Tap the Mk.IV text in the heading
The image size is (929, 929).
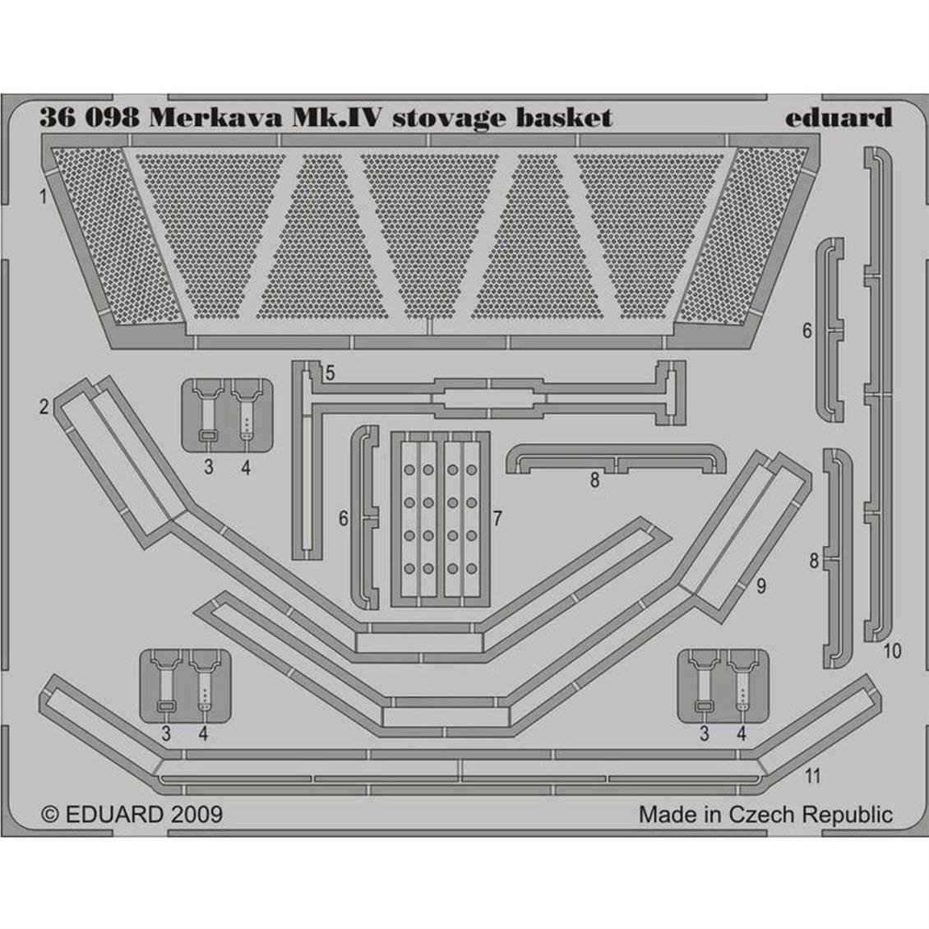(335, 118)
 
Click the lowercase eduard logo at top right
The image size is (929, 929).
(838, 118)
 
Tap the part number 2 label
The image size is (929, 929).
(45, 406)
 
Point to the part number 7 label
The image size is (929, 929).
(498, 518)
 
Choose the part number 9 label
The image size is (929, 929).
(761, 585)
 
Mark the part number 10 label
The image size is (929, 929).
(891, 651)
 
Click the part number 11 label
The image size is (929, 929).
(813, 774)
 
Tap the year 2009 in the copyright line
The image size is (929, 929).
(196, 814)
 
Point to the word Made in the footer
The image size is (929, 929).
(663, 815)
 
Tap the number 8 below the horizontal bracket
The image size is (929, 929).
(594, 481)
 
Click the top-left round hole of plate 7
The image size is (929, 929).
(409, 469)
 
